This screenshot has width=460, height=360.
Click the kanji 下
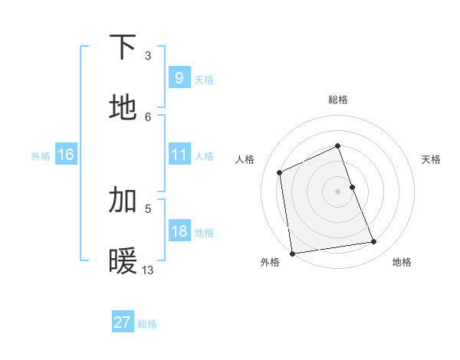click(x=123, y=47)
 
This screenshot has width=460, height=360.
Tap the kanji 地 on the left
click(x=123, y=108)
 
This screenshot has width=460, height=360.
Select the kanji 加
click(x=123, y=200)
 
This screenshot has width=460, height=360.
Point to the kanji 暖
click(x=123, y=261)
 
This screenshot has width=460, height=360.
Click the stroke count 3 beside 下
click(x=147, y=56)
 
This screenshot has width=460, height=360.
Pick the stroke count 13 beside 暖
click(x=148, y=270)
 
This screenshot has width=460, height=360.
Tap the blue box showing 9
click(x=179, y=77)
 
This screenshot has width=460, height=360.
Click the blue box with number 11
click(x=179, y=155)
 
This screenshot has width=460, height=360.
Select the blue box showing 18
click(x=179, y=231)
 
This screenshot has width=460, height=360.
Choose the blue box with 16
click(x=65, y=155)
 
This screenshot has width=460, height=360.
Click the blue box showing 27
click(x=122, y=322)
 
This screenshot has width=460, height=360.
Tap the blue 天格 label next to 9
click(x=204, y=79)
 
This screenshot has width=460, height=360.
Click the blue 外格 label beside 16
click(x=41, y=156)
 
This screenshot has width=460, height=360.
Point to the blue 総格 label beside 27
click(x=147, y=324)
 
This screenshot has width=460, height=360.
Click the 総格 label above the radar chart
click(x=338, y=100)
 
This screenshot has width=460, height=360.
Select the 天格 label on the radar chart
click(x=431, y=159)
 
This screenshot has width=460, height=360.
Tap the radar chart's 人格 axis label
click(x=245, y=159)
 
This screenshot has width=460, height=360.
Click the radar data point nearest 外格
click(x=292, y=254)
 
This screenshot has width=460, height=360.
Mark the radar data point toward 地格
click(x=374, y=242)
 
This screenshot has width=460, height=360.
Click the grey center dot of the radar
click(x=338, y=191)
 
